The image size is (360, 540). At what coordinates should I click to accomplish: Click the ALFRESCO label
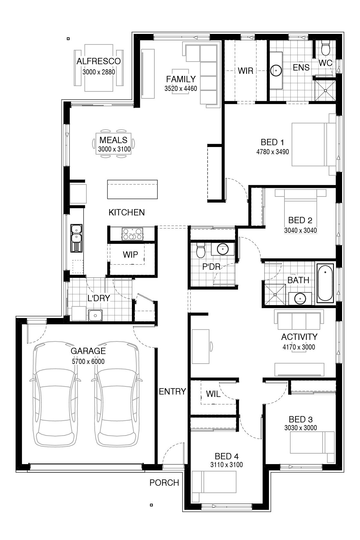point(98,61)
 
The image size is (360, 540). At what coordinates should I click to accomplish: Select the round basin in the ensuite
point(275,70)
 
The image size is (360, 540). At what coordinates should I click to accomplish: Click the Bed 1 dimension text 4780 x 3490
point(272,152)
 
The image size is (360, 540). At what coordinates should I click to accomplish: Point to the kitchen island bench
point(132,189)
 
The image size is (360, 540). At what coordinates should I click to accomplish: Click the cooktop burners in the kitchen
point(132,234)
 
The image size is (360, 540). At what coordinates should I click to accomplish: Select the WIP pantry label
point(130,255)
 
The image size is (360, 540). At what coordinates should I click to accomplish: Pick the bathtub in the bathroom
point(325,283)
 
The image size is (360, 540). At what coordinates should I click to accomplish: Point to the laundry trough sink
point(96,315)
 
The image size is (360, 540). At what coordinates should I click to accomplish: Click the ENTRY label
point(172,391)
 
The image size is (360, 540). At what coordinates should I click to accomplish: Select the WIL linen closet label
point(213,394)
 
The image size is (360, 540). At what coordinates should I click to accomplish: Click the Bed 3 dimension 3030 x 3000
point(301,428)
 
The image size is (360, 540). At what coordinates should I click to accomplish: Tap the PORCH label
point(164,483)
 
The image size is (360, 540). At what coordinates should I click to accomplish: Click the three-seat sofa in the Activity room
point(299,321)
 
